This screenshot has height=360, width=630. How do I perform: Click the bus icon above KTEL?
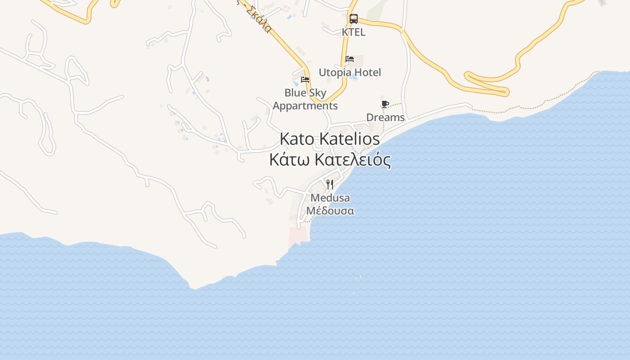point(354,19)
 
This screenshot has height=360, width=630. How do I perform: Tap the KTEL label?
point(354,32)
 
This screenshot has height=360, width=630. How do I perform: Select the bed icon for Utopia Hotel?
point(350,59)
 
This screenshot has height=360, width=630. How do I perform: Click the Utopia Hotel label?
point(350,72)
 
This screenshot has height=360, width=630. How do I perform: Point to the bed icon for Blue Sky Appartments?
point(305,80)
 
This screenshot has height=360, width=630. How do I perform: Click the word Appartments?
point(305,106)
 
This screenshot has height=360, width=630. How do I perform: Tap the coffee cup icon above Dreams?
point(385,104)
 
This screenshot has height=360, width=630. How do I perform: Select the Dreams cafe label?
point(385,117)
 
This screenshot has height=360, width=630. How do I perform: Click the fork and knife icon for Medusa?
point(330,184)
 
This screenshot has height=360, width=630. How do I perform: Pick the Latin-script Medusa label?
point(330,198)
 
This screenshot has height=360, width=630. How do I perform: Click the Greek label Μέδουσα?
point(330,211)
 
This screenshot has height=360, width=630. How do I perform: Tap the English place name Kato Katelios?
point(329,139)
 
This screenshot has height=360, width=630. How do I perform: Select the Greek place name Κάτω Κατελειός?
point(330,160)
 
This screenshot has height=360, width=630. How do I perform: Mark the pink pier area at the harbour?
point(298,235)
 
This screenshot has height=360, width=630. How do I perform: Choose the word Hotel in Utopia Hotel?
point(367,72)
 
